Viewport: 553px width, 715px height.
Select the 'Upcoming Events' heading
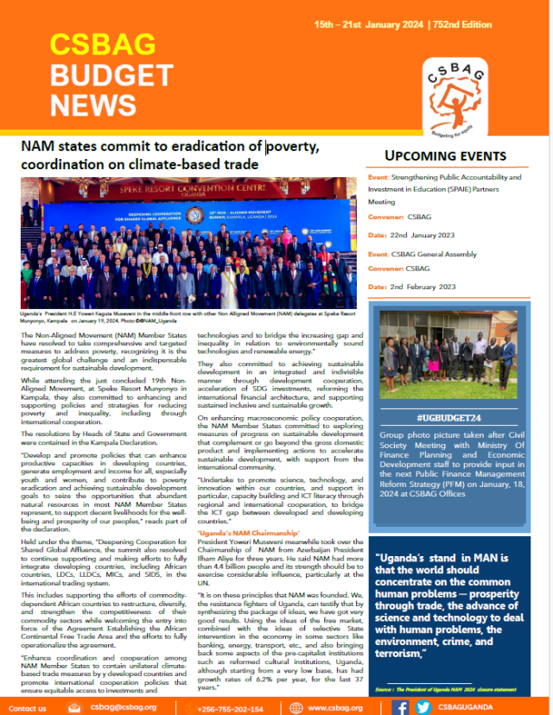(x=457, y=155)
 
